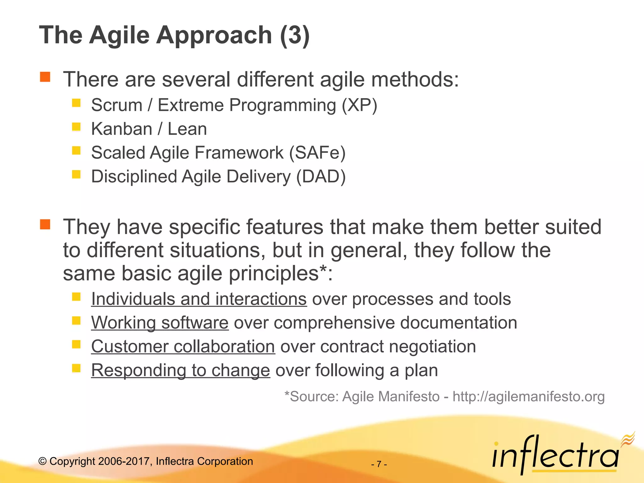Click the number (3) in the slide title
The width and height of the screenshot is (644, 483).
click(x=295, y=35)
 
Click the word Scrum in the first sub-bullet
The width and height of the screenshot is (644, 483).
click(x=117, y=105)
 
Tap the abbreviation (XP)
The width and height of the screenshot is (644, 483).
click(x=359, y=105)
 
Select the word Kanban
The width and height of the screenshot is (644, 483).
click(x=122, y=129)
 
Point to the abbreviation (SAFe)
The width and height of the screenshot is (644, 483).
click(x=317, y=153)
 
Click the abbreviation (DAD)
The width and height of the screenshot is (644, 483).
click(x=321, y=176)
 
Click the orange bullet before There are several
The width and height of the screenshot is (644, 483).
click(x=45, y=77)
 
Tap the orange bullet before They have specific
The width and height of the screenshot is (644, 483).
click(x=45, y=225)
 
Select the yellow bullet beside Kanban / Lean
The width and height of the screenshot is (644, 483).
click(x=76, y=127)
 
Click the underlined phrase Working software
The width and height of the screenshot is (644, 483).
click(x=160, y=323)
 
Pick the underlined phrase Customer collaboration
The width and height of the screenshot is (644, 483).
click(x=183, y=347)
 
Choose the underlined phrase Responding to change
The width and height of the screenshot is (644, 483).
click(x=180, y=370)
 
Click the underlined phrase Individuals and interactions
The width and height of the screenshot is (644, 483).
click(x=199, y=299)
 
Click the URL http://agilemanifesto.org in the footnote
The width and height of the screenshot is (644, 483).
click(x=528, y=397)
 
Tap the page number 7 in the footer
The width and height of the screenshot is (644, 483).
click(x=379, y=464)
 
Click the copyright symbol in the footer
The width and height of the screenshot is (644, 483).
click(x=42, y=462)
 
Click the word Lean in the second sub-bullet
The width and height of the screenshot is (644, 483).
click(x=187, y=129)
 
